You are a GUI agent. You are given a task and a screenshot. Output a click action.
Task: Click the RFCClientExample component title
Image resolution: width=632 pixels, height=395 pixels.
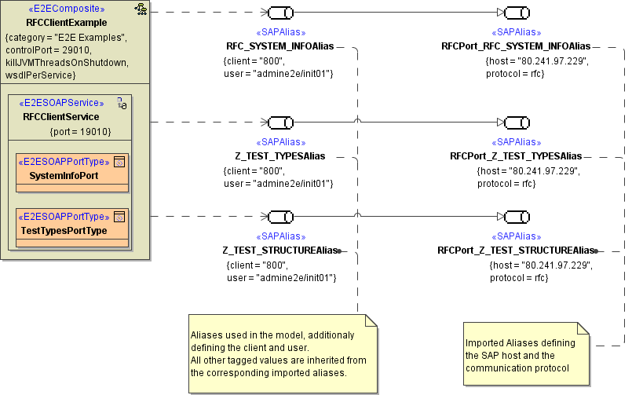(65, 22)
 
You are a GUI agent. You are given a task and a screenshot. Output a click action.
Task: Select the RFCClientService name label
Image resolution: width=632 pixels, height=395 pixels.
(61, 116)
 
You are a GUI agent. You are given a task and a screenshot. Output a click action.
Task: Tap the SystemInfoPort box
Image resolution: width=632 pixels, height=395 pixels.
(64, 176)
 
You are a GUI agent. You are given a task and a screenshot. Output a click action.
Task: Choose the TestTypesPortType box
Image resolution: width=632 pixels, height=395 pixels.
(64, 231)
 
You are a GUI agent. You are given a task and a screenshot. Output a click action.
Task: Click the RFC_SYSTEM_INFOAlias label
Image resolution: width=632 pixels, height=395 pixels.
(280, 46)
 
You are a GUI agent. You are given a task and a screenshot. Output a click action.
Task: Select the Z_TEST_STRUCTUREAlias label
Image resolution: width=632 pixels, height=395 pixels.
(279, 251)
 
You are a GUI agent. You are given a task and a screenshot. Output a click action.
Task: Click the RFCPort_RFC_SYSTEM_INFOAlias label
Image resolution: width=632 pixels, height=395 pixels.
(516, 46)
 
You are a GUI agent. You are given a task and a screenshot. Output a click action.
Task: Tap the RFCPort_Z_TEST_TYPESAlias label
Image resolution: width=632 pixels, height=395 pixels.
(516, 156)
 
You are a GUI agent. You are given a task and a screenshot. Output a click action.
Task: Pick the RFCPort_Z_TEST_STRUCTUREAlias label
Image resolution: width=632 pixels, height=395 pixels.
(516, 251)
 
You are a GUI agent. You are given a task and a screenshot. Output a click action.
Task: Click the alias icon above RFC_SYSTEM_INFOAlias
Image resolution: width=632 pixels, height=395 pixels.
(280, 13)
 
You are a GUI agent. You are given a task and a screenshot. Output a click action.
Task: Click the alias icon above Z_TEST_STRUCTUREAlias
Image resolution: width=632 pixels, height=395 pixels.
(280, 217)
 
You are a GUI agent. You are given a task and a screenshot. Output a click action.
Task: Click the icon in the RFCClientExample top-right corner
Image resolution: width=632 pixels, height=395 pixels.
(141, 9)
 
